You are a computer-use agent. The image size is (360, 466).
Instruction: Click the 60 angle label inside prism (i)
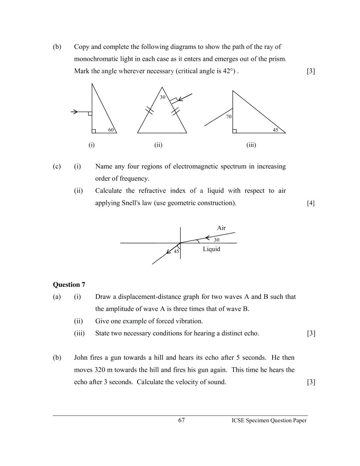coord(111,130)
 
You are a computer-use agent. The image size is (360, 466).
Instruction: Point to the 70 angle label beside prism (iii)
coord(229,117)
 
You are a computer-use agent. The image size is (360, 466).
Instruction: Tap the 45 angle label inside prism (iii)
coord(275,130)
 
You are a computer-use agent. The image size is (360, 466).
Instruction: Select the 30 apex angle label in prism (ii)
coord(163,97)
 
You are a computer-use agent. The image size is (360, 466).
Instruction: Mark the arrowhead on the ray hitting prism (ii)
coord(180,99)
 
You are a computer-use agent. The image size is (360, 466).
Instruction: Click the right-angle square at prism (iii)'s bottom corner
coord(234,131)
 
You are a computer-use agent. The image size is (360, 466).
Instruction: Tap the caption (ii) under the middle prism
coord(158,145)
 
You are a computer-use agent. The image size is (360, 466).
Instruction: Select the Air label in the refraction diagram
coord(221,228)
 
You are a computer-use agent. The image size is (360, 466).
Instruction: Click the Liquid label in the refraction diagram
coord(211,249)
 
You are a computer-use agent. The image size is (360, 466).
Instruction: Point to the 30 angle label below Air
coord(216,240)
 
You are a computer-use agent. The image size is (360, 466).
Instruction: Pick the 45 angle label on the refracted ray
coord(176,251)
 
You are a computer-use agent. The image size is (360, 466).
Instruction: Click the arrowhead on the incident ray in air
coord(207,237)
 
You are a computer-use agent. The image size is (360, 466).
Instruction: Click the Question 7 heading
coord(69,284)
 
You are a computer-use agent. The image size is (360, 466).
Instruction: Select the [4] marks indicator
coord(310,203)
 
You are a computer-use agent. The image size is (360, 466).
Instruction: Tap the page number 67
coord(182,420)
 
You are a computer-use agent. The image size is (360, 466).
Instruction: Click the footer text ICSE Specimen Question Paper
coord(269,420)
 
